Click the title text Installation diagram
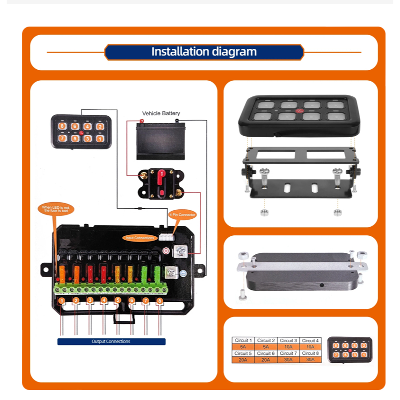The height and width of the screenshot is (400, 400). (204, 52)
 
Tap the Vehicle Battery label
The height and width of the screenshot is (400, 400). (161, 113)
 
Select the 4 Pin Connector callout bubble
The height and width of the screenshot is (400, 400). (182, 214)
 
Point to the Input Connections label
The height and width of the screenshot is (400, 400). (139, 237)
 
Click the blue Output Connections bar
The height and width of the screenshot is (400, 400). (111, 341)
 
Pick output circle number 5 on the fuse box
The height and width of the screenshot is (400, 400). (118, 300)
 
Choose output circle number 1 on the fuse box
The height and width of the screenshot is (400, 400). (62, 300)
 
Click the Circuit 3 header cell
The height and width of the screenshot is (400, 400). (288, 340)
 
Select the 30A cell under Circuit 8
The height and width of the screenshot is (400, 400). (310, 360)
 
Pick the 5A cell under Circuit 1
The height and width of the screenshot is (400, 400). (243, 347)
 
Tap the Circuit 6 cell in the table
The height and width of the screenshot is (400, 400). (266, 353)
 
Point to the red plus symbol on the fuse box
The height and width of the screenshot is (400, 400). (166, 251)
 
